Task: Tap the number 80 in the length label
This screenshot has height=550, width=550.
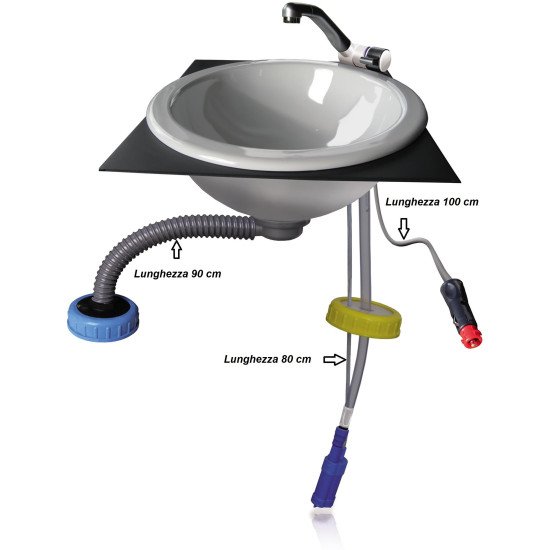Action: click(x=290, y=354)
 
